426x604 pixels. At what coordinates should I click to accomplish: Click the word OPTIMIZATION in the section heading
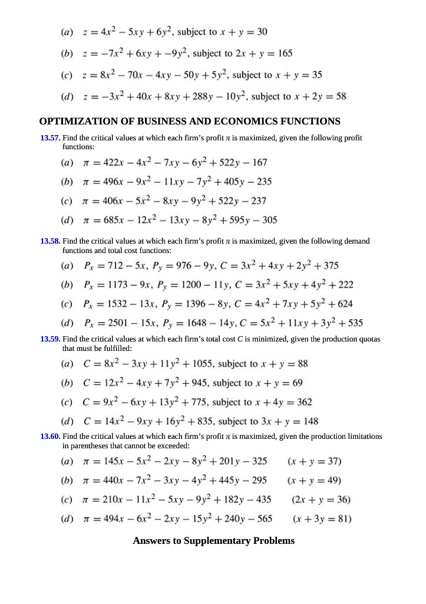point(78,122)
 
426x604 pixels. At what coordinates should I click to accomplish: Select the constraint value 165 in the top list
point(285,53)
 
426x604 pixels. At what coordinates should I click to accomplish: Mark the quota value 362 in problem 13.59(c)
point(302,402)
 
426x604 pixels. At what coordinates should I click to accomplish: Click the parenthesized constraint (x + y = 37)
point(314,461)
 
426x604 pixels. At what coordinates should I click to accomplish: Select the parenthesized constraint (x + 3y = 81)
point(322,519)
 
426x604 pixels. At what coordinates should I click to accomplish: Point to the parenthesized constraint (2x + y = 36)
point(321,500)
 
